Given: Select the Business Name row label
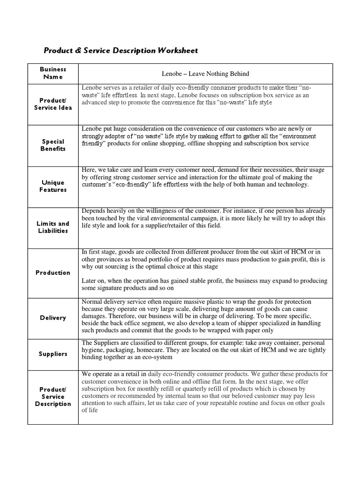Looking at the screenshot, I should (x=53, y=73).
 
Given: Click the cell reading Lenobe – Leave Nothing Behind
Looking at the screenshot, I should (x=205, y=74).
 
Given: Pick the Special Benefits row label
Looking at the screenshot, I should (x=53, y=145).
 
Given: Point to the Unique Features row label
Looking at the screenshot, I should (x=53, y=186).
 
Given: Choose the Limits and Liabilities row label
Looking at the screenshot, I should (x=53, y=227).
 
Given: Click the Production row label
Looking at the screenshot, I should (x=53, y=272).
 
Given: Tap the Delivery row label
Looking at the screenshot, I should (x=53, y=317).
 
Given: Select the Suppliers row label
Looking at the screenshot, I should (x=53, y=354).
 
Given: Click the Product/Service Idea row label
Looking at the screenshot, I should (x=53, y=104).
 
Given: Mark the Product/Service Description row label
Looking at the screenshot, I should (x=53, y=397).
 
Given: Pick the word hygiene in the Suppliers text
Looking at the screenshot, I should (x=94, y=351).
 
